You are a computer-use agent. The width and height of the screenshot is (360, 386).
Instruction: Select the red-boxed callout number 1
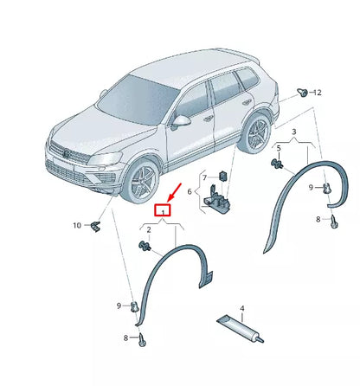160,210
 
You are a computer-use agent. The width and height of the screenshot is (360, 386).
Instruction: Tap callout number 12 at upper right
317,92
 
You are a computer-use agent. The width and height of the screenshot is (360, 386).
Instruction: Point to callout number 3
293,131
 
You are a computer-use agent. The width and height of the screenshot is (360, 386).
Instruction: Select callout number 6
191,192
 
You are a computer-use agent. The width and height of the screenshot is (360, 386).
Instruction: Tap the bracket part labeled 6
219,201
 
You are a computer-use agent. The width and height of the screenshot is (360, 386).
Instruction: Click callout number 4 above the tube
242,308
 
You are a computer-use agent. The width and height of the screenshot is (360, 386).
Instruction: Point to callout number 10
77,225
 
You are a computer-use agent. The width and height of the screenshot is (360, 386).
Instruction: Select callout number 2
148,229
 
